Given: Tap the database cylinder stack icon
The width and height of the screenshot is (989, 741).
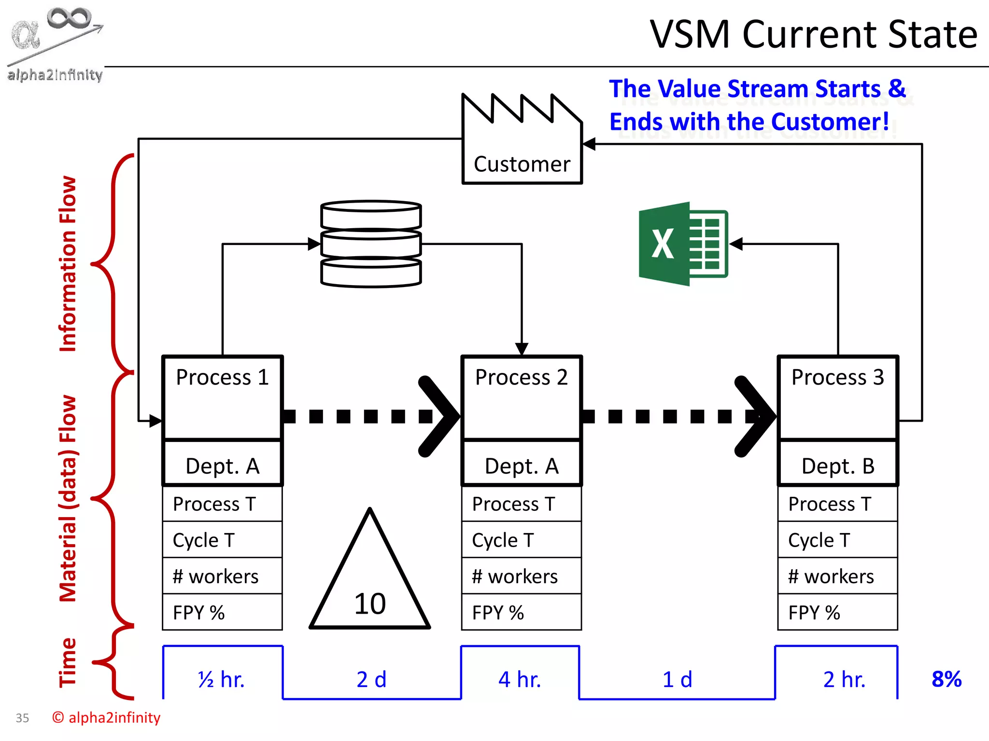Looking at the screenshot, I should (x=371, y=244).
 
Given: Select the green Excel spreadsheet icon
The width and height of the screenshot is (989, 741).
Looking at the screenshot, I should (x=683, y=244).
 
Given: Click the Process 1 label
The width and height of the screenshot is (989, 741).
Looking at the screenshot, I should (x=222, y=377).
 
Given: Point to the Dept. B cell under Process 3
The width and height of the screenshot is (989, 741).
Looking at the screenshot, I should (x=838, y=466).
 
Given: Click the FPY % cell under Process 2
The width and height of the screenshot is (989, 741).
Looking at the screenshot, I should (x=521, y=612).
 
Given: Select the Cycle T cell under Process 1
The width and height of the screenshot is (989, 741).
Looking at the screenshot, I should (x=222, y=540).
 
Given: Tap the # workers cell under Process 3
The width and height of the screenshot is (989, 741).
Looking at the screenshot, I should (x=837, y=576).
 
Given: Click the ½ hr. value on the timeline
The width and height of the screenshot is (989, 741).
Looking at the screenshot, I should (x=222, y=679).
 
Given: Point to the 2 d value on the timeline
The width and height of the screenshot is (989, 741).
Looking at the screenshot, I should (x=371, y=679).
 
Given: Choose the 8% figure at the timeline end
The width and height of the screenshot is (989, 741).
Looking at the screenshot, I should (x=947, y=679).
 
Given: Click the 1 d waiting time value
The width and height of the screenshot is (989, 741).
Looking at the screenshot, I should (x=677, y=679).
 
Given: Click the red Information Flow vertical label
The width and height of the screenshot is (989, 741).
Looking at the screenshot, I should (x=68, y=264).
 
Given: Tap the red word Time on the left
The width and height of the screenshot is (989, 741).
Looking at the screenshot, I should (x=68, y=662).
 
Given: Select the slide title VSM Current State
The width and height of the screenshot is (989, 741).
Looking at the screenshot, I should (x=814, y=35).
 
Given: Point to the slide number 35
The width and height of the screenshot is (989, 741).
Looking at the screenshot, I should (x=22, y=718).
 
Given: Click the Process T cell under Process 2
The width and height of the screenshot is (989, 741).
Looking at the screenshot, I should (x=521, y=504).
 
